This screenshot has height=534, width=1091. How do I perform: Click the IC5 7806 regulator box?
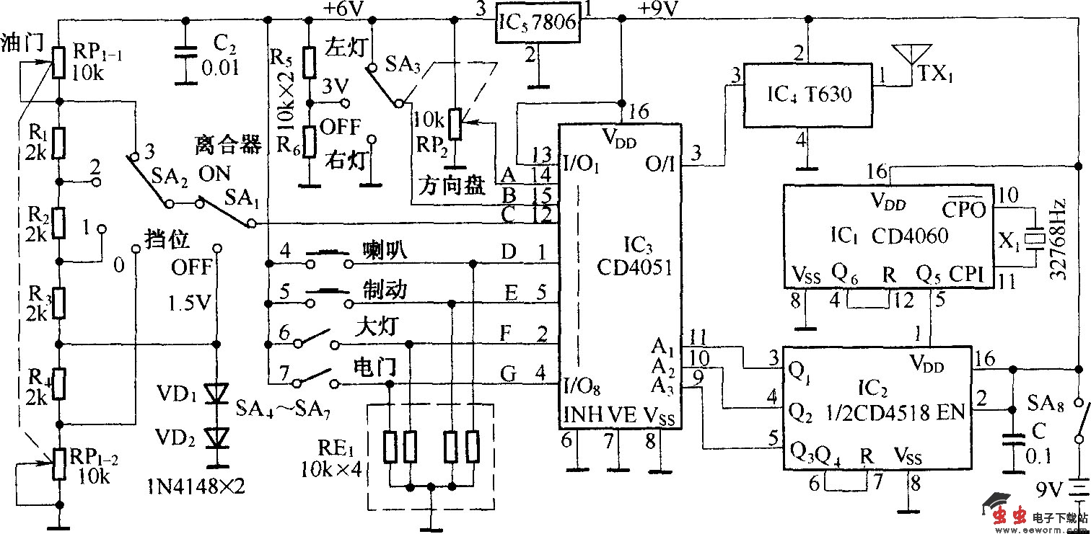pyautogui.click(x=538, y=23)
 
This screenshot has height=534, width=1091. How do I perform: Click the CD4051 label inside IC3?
pyautogui.click(x=634, y=267)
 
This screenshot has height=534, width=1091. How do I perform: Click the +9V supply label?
pyautogui.click(x=658, y=9)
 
